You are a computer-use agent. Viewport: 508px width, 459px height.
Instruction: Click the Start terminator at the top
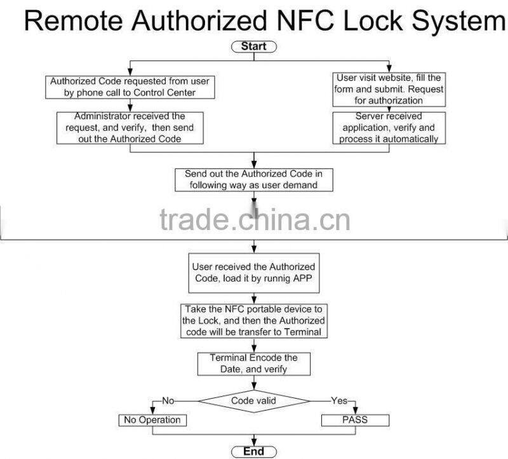point(253,46)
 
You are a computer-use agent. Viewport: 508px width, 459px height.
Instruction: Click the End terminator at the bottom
point(253,451)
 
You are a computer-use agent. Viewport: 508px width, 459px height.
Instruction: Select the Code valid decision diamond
point(253,401)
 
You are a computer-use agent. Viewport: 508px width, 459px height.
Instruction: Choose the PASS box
point(354,420)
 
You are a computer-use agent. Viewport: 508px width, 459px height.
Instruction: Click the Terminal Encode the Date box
point(253,363)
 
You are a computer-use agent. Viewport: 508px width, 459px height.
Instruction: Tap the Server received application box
point(389,128)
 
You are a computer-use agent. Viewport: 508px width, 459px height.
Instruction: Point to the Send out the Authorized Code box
point(253,179)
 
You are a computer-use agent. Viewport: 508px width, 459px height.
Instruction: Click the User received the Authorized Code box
point(253,272)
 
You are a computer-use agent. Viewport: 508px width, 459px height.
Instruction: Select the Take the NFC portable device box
point(253,320)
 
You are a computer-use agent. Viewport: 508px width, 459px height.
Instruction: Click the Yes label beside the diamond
point(339,401)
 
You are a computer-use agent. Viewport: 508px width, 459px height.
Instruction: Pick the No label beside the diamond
point(168,401)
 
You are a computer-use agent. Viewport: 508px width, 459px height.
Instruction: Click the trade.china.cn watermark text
point(254,221)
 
